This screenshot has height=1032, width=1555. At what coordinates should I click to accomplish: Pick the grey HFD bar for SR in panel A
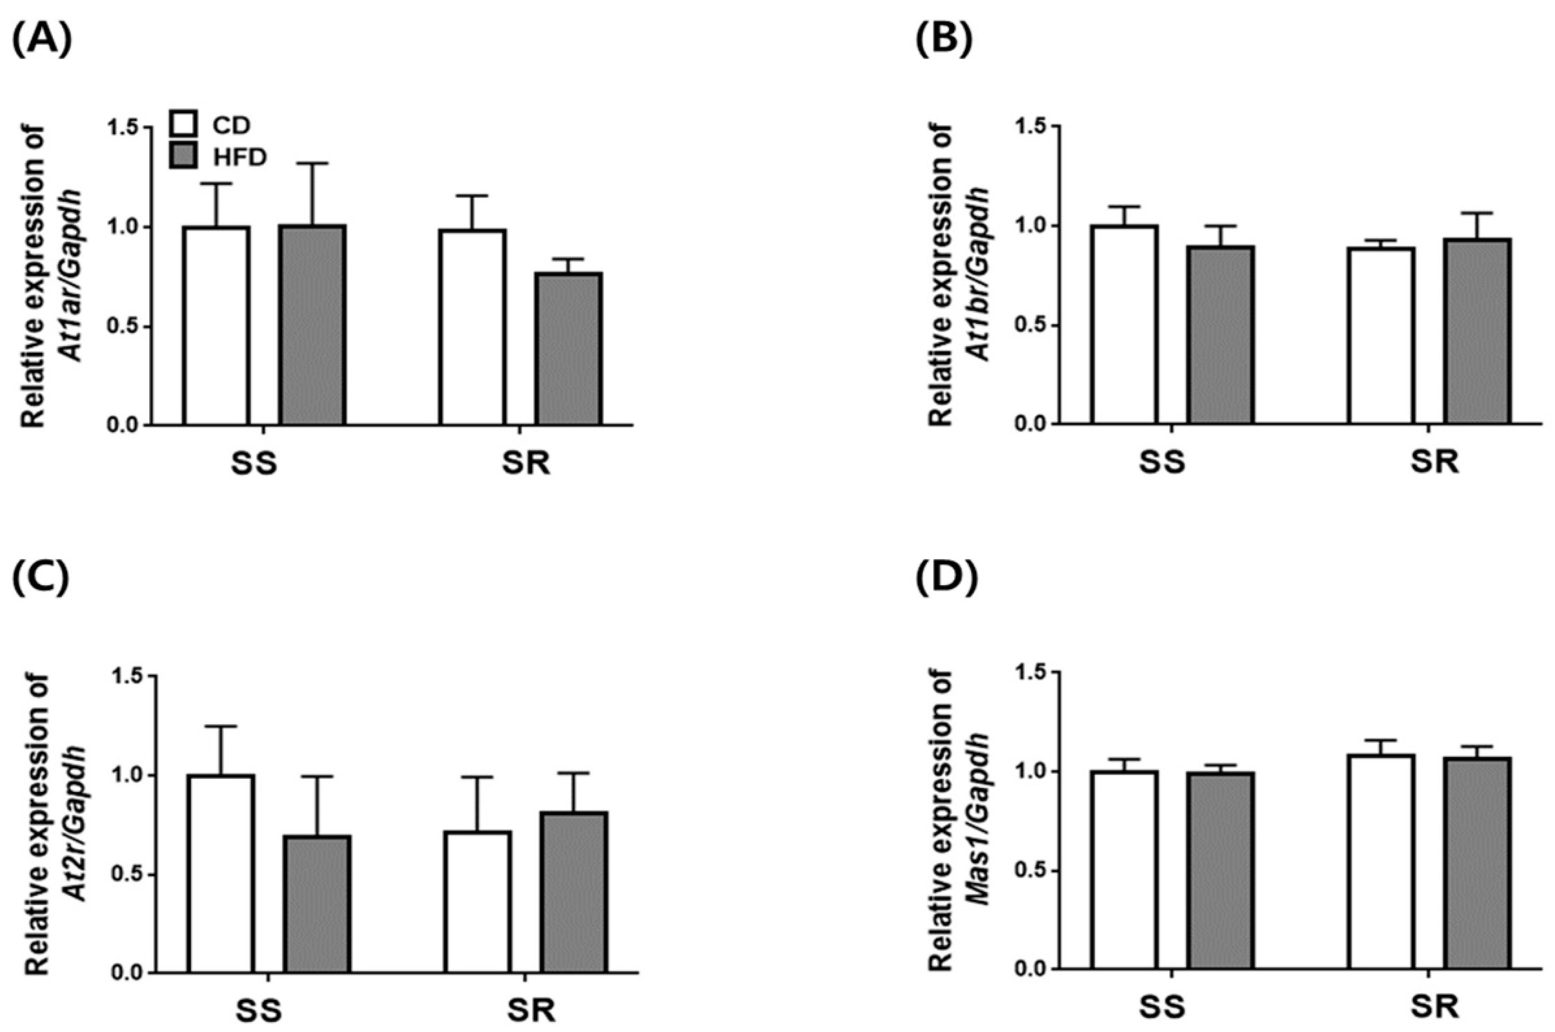click(x=568, y=349)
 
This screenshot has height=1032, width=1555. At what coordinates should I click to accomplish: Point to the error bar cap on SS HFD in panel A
click(x=311, y=163)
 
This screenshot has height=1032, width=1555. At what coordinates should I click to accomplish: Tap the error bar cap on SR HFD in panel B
click(x=1478, y=213)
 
